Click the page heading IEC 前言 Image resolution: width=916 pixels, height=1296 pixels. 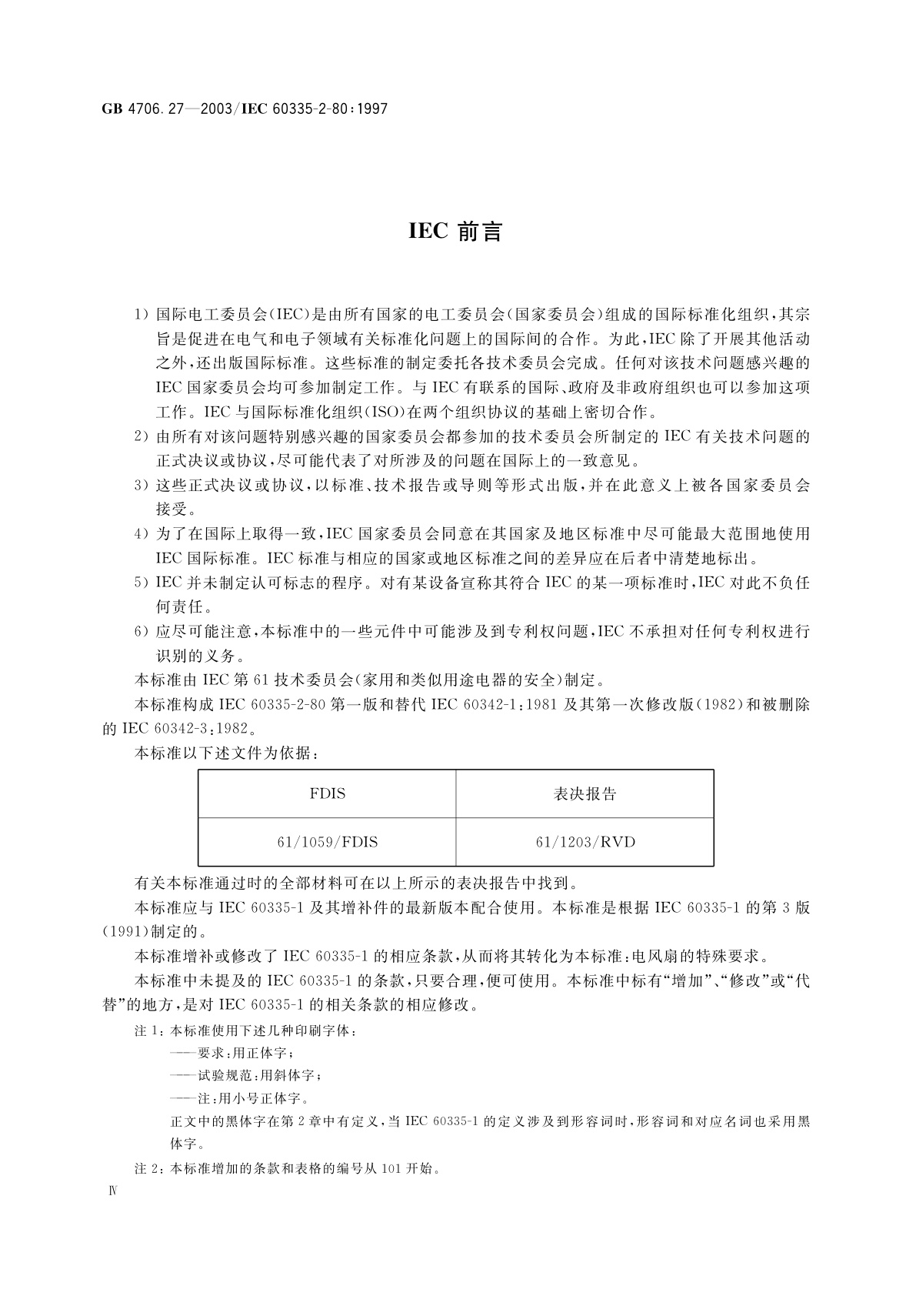point(455,232)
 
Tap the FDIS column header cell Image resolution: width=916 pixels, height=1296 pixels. point(327,793)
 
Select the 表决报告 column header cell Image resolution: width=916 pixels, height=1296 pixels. point(585,793)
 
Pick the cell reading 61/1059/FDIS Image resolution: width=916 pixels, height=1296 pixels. point(327,841)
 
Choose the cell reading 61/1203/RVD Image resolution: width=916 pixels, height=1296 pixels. point(585,841)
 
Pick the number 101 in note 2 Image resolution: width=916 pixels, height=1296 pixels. point(391,1169)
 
